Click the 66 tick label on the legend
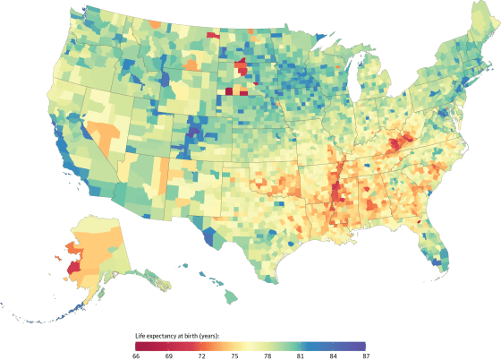click(136, 356)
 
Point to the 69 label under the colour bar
click(169, 356)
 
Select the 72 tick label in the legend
click(202, 356)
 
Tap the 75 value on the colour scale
click(235, 356)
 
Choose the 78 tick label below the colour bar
click(267, 356)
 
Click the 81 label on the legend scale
click(301, 356)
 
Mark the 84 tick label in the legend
click(334, 356)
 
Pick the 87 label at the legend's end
click(366, 356)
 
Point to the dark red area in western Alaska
click(72, 266)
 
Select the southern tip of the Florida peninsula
click(442, 267)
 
